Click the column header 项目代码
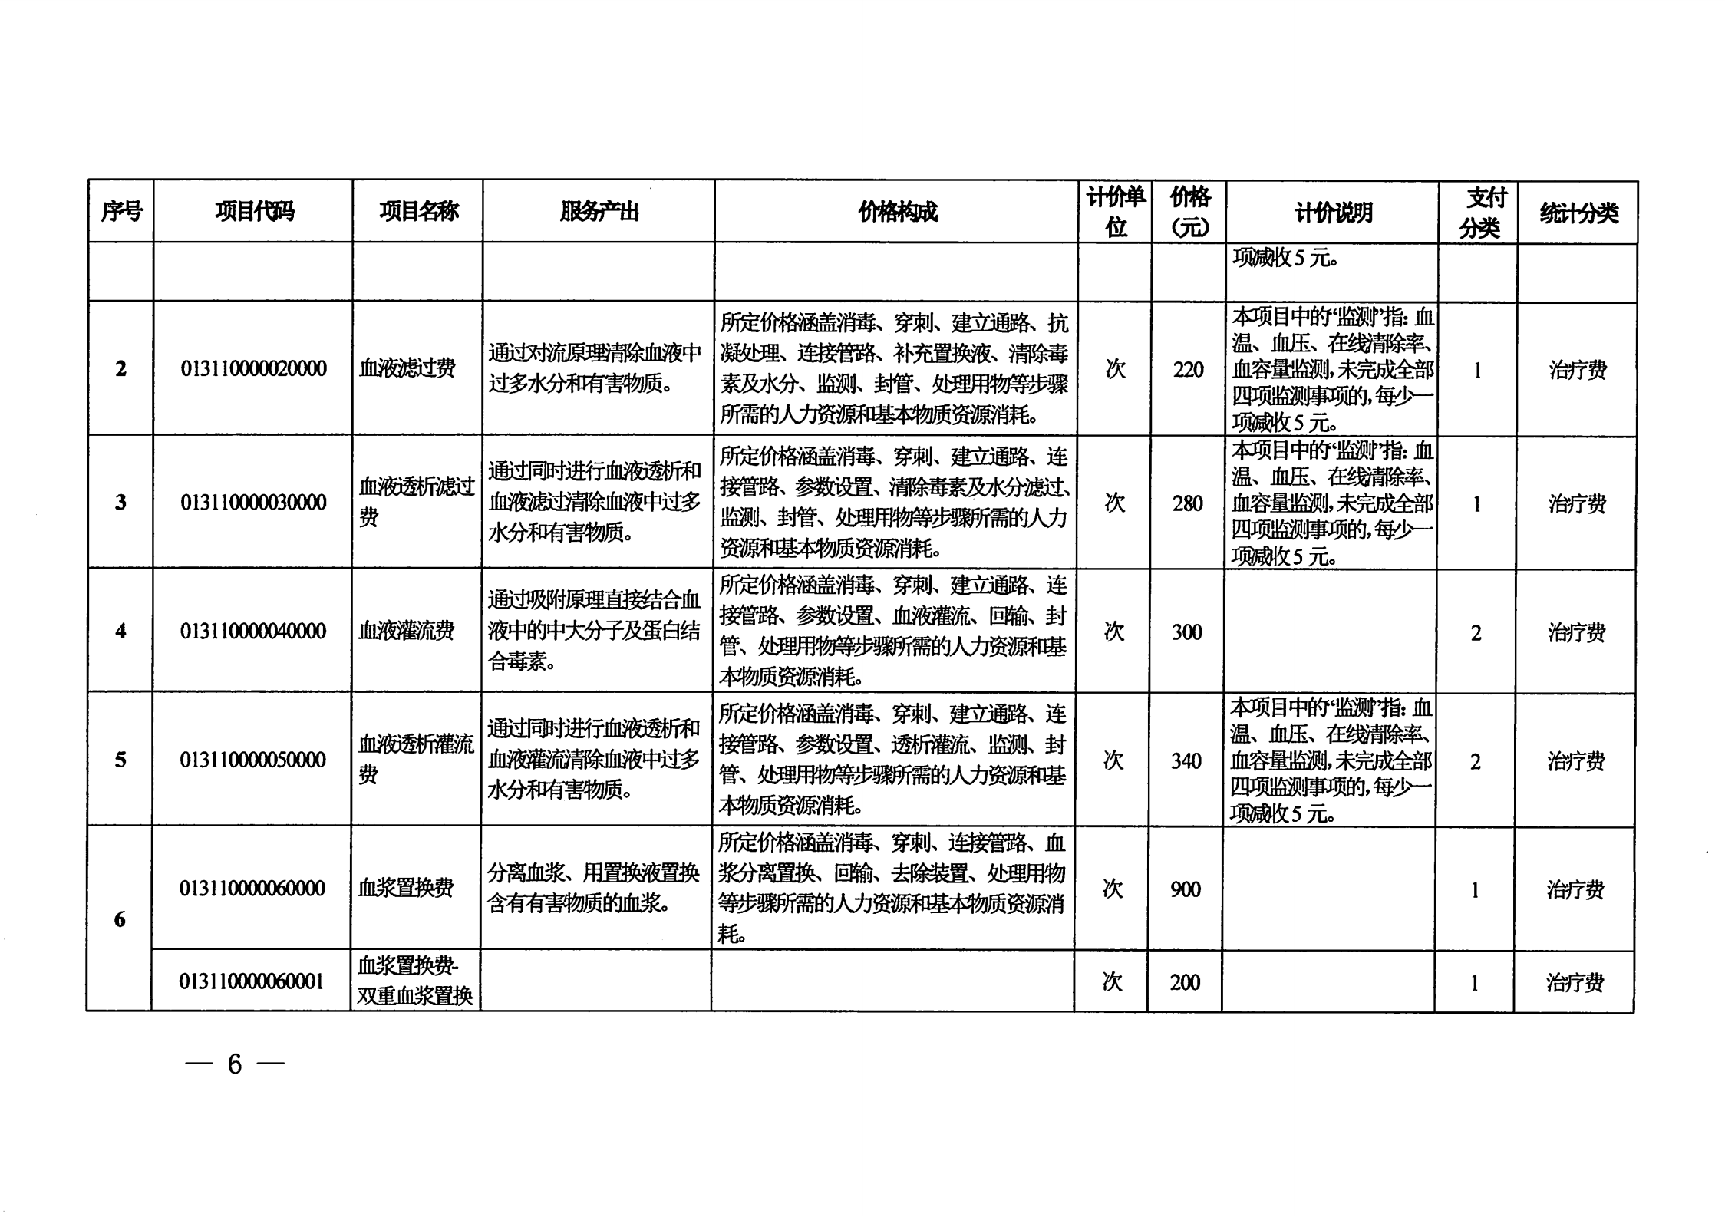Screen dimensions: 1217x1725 click(254, 211)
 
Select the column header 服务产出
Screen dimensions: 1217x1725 click(599, 211)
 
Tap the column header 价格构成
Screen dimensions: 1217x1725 click(897, 211)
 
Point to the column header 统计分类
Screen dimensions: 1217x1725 click(1578, 213)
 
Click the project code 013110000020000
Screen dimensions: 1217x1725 click(253, 369)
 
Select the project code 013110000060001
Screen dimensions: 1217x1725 click(251, 981)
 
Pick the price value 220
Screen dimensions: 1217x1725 click(1188, 370)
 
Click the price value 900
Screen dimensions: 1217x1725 click(1185, 889)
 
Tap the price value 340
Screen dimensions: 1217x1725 click(1186, 761)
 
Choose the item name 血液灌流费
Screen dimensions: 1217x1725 click(407, 632)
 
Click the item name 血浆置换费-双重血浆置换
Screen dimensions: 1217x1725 click(415, 981)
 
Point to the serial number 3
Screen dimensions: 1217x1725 click(120, 503)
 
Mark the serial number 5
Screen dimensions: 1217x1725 click(120, 760)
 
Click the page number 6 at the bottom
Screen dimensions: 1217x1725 click(235, 1064)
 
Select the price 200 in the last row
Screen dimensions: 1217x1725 click(1184, 982)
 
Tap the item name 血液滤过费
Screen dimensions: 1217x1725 click(407, 368)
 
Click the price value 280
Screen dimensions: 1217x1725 click(1187, 503)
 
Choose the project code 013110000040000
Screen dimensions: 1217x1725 click(252, 632)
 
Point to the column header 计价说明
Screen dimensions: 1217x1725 click(1333, 213)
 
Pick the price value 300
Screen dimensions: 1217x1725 click(1186, 632)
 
